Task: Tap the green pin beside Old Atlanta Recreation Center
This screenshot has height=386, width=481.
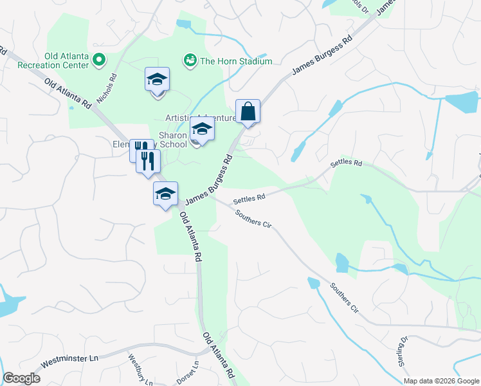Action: (99, 61)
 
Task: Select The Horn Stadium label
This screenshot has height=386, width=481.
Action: (236, 61)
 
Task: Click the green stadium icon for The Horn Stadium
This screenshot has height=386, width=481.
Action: (190, 61)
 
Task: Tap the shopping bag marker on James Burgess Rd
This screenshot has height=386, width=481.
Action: (248, 112)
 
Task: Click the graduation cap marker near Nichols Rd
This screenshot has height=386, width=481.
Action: (157, 80)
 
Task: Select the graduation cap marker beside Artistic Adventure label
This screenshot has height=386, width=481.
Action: (202, 130)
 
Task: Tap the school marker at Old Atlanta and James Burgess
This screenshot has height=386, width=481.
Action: (165, 194)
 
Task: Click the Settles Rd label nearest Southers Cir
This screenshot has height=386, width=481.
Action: (249, 199)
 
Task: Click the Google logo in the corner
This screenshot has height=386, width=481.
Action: (21, 378)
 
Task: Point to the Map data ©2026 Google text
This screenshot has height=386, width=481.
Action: (440, 381)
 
